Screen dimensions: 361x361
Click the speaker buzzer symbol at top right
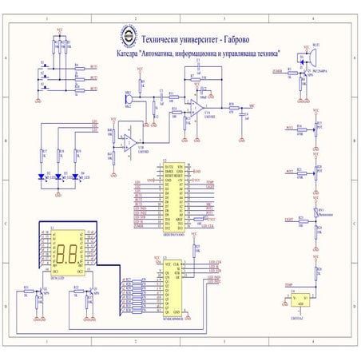coord(315,56)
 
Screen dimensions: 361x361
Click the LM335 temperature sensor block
coord(301,300)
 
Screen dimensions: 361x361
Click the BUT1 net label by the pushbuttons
coord(93,67)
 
